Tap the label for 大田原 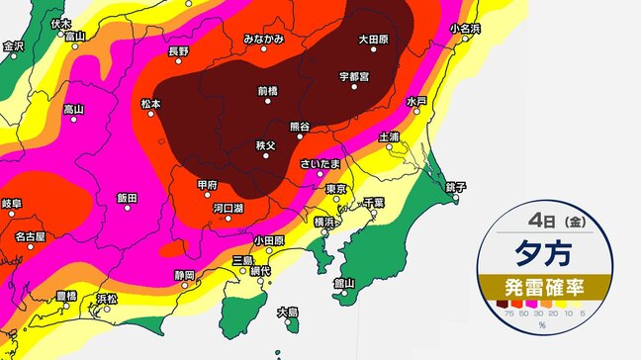[373, 41]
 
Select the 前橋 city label [268, 90]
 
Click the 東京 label [335, 188]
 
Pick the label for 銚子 [455, 186]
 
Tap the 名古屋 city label [30, 237]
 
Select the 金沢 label [13, 45]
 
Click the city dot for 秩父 [265, 158]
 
